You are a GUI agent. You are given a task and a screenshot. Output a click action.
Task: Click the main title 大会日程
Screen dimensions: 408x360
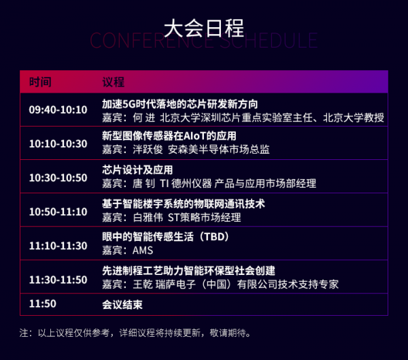(x=204, y=28)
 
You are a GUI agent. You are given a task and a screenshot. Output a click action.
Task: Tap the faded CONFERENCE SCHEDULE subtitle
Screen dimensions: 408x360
(x=204, y=41)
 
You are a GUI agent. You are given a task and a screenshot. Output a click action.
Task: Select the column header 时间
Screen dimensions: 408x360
(x=40, y=82)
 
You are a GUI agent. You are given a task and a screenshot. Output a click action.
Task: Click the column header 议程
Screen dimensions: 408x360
(x=113, y=82)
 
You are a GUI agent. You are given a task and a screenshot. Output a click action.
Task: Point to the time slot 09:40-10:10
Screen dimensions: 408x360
(x=58, y=110)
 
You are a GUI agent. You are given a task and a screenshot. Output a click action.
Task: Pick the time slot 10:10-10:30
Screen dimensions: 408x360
(x=58, y=144)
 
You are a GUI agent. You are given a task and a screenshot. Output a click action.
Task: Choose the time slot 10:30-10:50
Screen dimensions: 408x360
(x=58, y=178)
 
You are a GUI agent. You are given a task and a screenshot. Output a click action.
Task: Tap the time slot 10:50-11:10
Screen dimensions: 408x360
(x=58, y=212)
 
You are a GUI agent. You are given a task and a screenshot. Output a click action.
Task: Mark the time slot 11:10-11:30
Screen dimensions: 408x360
(x=58, y=246)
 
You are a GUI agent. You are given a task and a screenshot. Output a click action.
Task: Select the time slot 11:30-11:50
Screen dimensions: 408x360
(x=58, y=280)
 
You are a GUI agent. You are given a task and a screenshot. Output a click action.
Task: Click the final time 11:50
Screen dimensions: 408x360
(x=42, y=304)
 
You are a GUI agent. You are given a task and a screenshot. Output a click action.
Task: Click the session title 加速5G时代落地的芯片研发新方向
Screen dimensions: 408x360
(x=180, y=104)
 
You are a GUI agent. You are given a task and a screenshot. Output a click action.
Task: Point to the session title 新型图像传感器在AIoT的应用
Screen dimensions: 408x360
(x=169, y=136)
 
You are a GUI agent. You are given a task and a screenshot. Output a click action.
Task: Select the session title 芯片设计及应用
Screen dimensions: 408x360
(x=137, y=170)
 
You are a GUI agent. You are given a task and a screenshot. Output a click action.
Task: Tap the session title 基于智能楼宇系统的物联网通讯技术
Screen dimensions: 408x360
(x=184, y=203)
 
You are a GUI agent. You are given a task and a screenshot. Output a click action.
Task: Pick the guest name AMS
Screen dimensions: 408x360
(x=143, y=250)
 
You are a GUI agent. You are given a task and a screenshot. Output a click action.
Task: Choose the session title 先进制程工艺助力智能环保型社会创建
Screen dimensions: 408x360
(x=188, y=271)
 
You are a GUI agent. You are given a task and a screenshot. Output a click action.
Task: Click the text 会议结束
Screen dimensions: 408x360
(x=122, y=304)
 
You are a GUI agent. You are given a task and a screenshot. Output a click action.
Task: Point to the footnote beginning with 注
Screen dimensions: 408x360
(x=135, y=333)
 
